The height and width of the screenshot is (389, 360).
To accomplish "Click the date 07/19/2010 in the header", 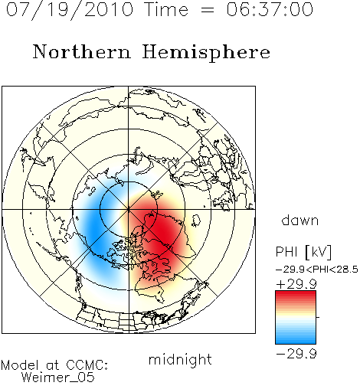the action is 70,10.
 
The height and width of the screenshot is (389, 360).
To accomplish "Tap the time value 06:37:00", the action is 270,9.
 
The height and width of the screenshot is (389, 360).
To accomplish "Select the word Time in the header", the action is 166,9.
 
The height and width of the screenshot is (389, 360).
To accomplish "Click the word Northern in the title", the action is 82,51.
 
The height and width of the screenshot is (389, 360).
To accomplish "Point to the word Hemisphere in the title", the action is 206,52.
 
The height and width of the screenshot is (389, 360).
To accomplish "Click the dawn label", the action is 300,220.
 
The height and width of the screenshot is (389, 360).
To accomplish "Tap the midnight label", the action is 180,360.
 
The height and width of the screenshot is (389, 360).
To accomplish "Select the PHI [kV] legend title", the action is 303,252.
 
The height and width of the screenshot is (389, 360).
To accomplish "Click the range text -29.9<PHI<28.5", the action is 317,270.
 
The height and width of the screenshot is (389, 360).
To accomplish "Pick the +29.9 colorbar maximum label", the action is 296,284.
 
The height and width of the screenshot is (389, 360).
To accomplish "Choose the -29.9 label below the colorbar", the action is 296,354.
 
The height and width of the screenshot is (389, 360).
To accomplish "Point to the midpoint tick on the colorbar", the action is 318,317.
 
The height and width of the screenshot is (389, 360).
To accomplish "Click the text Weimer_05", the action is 58,377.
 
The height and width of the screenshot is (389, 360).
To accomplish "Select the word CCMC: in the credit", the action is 87,365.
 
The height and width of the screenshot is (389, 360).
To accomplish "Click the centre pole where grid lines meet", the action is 129,209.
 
